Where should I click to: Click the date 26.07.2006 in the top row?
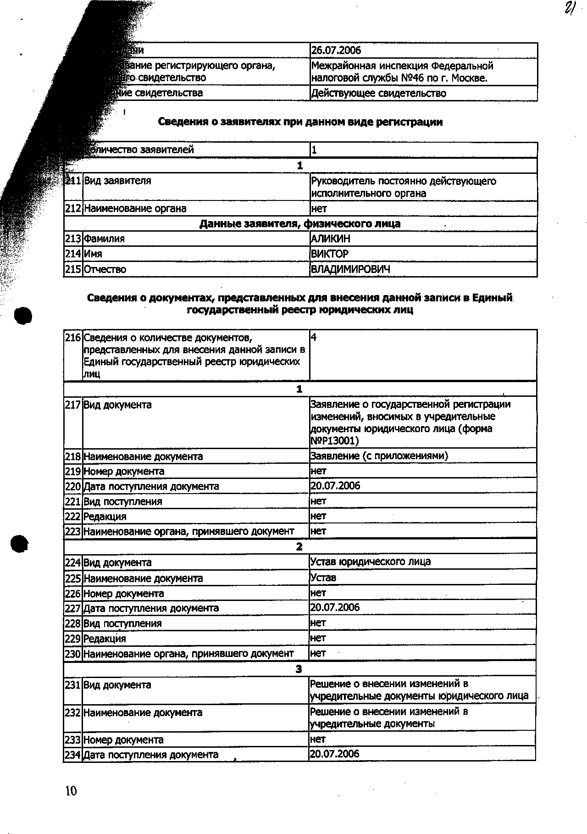336,50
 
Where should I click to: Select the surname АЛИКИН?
331,239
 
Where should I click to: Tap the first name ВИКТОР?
330,254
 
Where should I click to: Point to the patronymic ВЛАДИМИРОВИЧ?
351,269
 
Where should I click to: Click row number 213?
73,239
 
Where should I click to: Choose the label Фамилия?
104,239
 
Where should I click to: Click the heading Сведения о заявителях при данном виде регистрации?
300,122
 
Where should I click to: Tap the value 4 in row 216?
314,338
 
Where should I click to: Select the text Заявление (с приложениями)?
379,456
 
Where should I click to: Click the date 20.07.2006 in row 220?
335,486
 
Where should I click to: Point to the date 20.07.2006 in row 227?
335,607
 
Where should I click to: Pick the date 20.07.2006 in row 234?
335,754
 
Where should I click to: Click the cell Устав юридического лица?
371,562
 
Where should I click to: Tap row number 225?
73,578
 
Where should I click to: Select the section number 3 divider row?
299,669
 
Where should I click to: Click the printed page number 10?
71,791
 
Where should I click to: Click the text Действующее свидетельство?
379,94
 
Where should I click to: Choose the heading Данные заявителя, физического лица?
300,224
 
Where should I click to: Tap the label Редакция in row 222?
105,517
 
